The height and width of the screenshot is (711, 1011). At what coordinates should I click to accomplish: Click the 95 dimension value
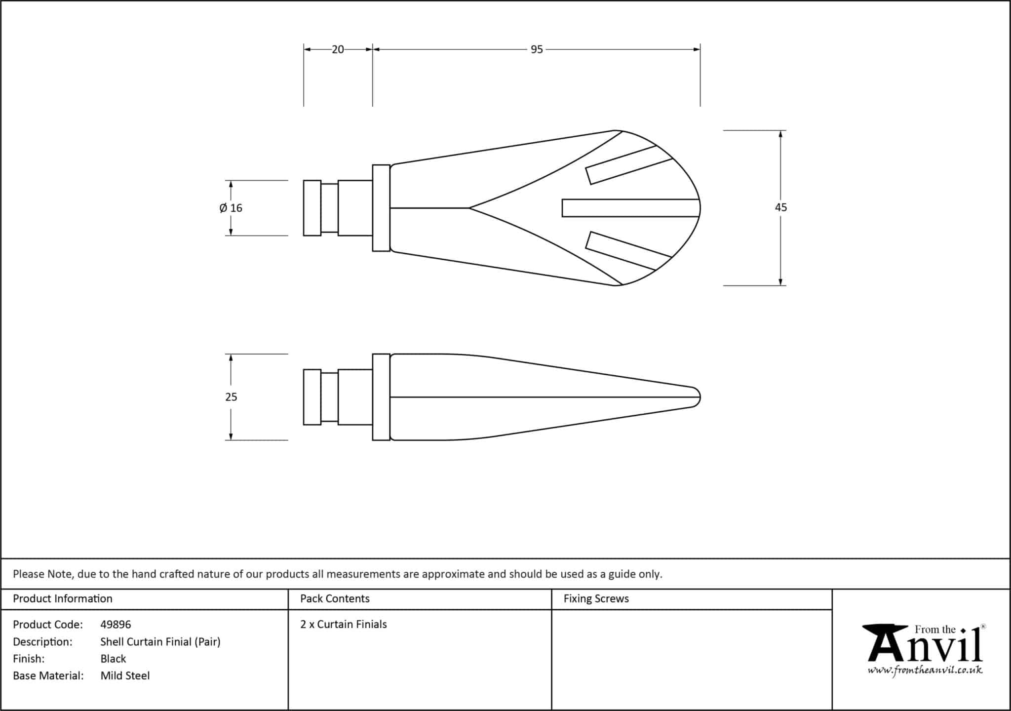537,49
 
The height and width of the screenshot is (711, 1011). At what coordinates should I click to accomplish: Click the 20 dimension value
338,49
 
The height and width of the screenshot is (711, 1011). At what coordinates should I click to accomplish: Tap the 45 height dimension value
780,207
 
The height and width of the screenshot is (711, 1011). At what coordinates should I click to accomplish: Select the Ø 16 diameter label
231,208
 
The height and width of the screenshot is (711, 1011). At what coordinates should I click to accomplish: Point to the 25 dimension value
231,397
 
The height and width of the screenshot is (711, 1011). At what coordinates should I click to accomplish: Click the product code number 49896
116,625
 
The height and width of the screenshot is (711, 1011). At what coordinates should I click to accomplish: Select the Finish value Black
113,659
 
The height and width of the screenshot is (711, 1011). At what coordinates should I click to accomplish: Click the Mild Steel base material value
125,675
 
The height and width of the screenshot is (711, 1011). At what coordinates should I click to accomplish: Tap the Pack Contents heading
335,598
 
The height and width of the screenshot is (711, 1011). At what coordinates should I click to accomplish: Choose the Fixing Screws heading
596,598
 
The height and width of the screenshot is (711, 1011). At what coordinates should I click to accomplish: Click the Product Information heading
63,598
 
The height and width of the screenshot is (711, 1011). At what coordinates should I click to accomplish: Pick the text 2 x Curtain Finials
344,624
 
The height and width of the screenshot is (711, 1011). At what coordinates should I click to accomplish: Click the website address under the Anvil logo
925,671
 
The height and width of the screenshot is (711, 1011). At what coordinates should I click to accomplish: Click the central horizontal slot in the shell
630,208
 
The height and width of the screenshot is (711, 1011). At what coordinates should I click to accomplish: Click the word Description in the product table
42,641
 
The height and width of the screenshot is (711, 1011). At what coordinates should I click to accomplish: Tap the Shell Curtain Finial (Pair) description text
160,641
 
